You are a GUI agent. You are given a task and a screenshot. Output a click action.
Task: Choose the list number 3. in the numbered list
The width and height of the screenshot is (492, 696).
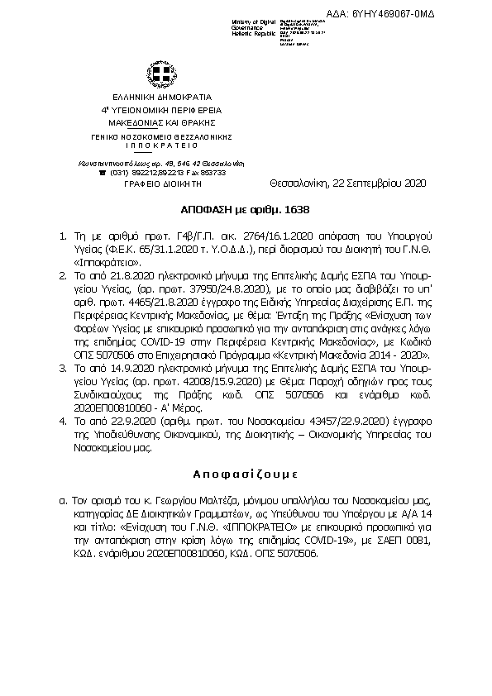tap(65, 341)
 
